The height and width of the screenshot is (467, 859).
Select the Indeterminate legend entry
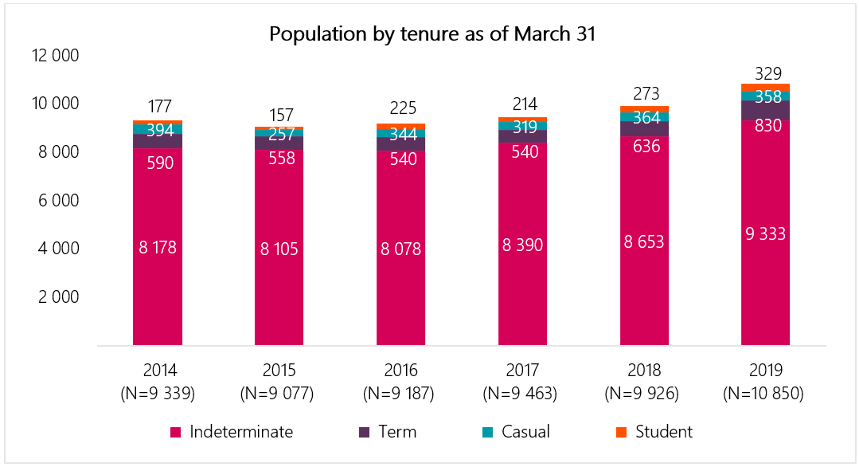pos(241,432)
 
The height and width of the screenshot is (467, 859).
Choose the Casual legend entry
pos(525,432)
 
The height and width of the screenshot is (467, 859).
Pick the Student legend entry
pos(663,432)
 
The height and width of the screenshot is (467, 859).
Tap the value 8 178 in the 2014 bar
pos(158,247)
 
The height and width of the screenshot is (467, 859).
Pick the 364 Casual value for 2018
pos(644,117)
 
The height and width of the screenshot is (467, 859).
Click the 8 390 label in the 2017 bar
pos(522,245)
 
